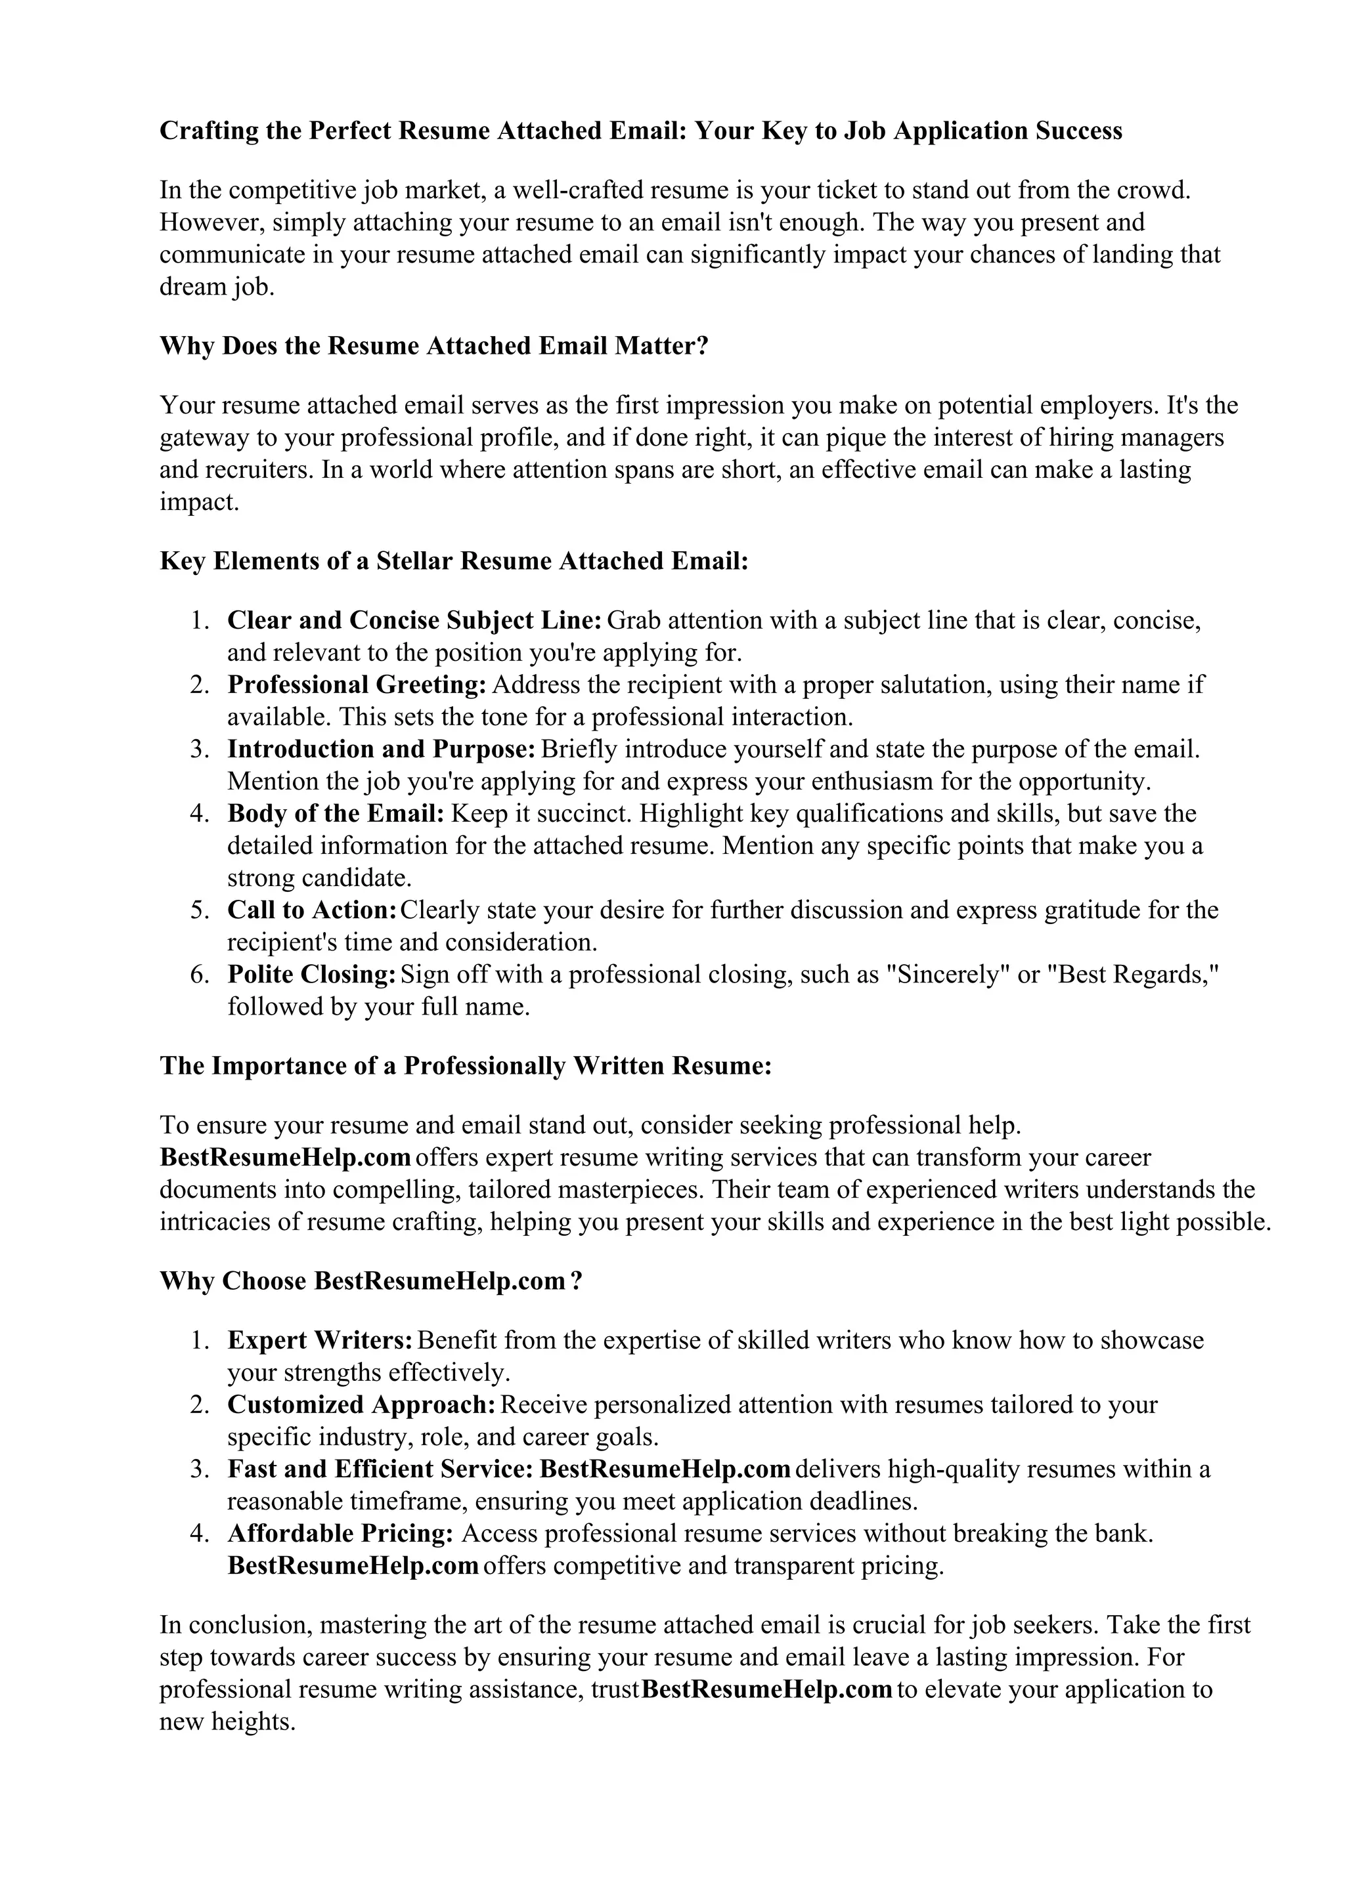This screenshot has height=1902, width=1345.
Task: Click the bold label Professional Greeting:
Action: point(357,685)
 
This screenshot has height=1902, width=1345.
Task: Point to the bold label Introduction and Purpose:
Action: point(382,750)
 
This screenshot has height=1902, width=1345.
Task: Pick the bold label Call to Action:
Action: point(311,910)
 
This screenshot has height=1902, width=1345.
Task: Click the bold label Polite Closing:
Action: point(311,975)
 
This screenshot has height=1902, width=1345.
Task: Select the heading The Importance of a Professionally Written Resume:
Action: point(466,1065)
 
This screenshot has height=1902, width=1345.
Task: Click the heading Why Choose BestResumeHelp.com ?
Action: point(371,1282)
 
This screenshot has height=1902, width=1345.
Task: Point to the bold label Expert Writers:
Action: point(320,1340)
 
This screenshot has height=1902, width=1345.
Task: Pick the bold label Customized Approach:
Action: point(361,1405)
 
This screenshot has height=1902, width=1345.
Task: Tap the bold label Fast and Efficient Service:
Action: point(380,1469)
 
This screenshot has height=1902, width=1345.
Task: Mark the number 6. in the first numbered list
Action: point(199,975)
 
